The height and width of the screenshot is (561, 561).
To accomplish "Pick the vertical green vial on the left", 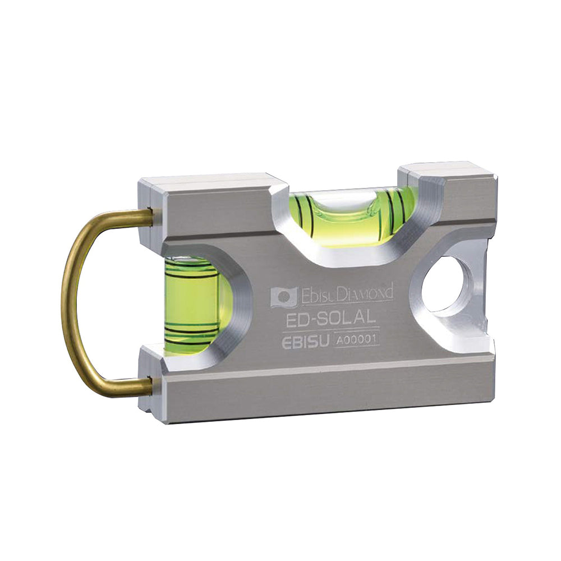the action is click(x=193, y=304).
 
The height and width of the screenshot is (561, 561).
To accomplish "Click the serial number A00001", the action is click(x=356, y=339).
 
